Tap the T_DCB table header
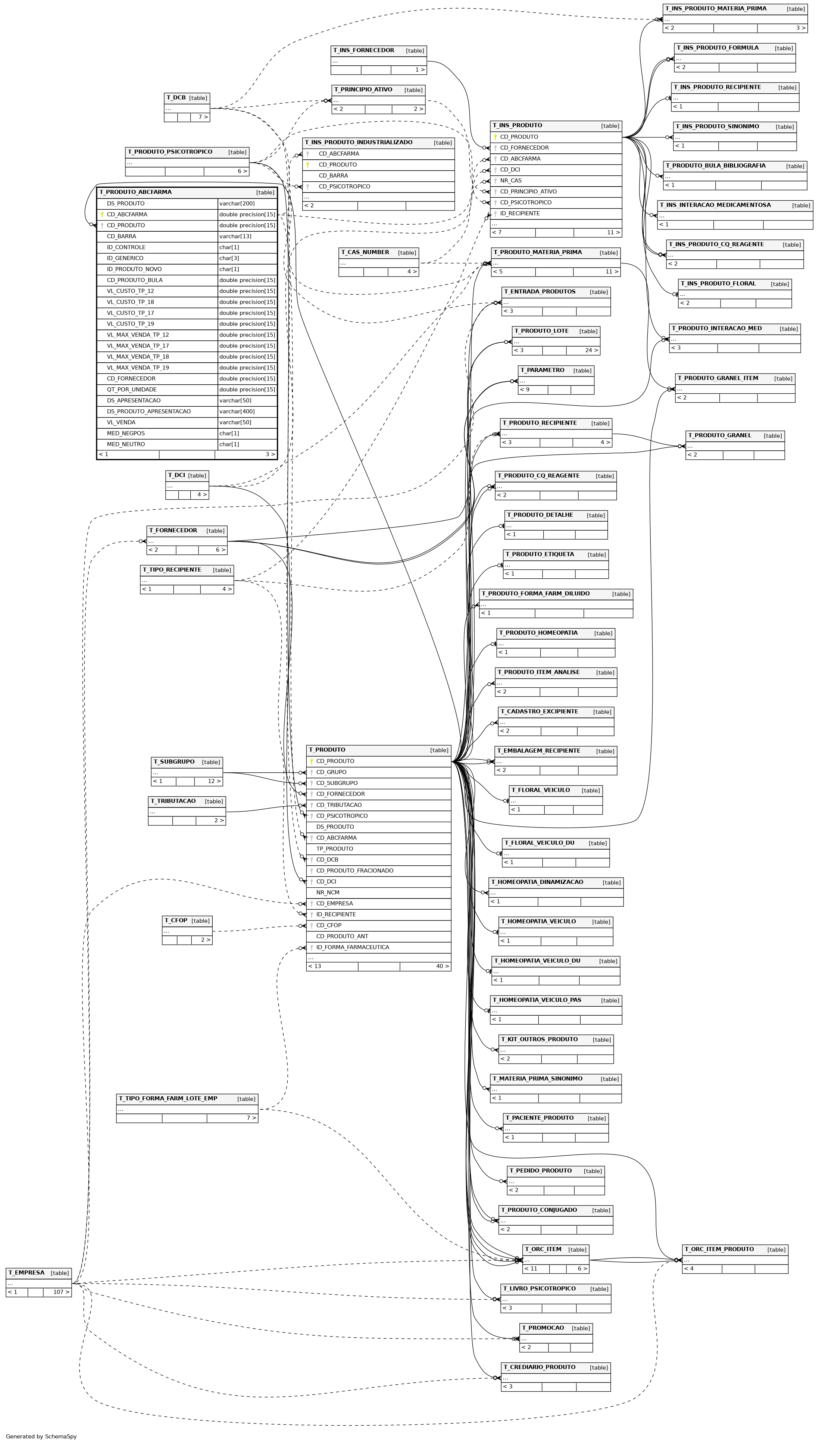(x=187, y=98)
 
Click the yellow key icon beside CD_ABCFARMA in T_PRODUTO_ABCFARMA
(x=102, y=214)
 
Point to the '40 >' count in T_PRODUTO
(x=443, y=966)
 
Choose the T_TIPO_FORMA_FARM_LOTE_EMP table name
(x=168, y=1098)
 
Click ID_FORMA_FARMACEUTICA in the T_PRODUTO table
(x=353, y=947)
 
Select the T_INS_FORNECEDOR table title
(x=363, y=51)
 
